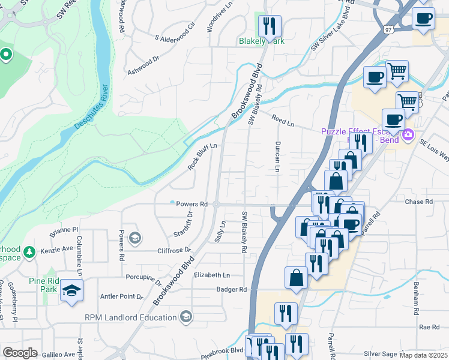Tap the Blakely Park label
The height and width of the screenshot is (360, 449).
pyautogui.click(x=261, y=41)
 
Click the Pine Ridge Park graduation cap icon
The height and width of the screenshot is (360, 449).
pyautogui.click(x=72, y=290)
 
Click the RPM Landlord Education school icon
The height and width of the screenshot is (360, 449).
pyautogui.click(x=185, y=317)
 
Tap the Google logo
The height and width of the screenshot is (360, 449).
pyautogui.click(x=20, y=353)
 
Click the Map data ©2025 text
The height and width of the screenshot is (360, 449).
pyautogui.click(x=423, y=355)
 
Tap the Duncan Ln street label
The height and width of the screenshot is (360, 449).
pyautogui.click(x=277, y=157)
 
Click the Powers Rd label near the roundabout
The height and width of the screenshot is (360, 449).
pyautogui.click(x=191, y=204)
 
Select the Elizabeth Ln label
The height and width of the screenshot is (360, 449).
pyautogui.click(x=212, y=275)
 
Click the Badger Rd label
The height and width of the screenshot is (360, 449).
pyautogui.click(x=232, y=289)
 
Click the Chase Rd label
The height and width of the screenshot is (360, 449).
pyautogui.click(x=418, y=202)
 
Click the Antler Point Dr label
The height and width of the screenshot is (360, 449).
pyautogui.click(x=121, y=296)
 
